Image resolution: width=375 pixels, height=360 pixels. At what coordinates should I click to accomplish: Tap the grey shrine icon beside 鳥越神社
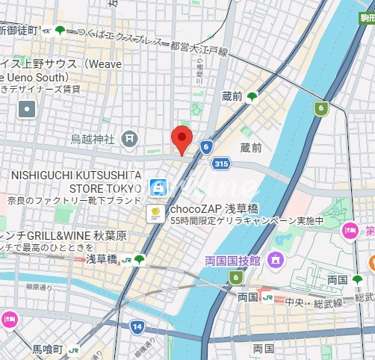tap(131, 138)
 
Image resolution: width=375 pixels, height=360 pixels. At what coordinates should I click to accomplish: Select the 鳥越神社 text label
tap(93, 139)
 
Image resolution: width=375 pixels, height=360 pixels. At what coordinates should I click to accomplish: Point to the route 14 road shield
tap(136, 326)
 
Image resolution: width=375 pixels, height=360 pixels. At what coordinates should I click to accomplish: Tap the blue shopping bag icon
tap(156, 187)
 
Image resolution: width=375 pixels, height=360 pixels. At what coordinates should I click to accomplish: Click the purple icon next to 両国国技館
tap(276, 261)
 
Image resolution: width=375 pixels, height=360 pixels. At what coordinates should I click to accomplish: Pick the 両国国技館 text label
tap(232, 261)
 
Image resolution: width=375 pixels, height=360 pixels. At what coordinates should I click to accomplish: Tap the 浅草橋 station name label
tap(101, 259)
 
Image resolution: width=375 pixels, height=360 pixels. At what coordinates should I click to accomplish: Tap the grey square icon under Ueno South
tap(27, 109)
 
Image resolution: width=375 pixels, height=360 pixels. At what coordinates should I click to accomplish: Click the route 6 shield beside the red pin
tap(207, 147)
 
